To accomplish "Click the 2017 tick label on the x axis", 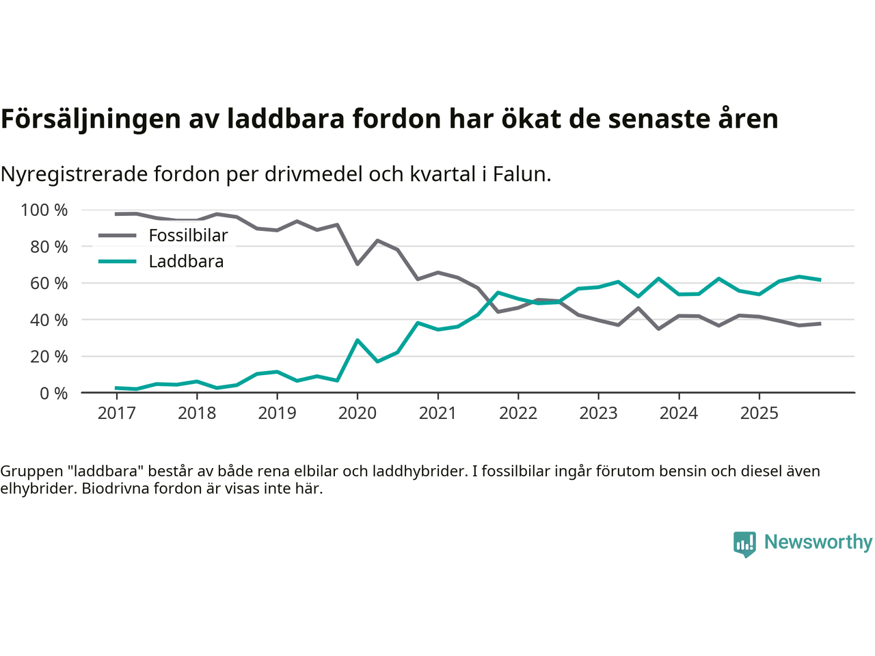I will pos(116,413).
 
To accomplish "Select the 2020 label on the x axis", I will pos(358,413).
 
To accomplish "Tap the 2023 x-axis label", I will pos(598,413).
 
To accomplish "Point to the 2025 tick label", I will pos(759,413).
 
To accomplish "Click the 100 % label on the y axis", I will pos(44,210).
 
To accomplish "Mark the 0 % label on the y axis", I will pos(54,393).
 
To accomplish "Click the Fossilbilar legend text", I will pos(188,236).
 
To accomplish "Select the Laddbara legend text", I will pos(186,262).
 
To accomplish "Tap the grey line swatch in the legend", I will pos(117,236).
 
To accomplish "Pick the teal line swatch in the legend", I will pos(117,262).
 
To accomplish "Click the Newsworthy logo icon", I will pos(744,544).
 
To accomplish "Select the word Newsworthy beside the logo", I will pos(818,542).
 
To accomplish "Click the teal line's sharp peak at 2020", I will pos(357,340).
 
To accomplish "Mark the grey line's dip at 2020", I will pos(357,264).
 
